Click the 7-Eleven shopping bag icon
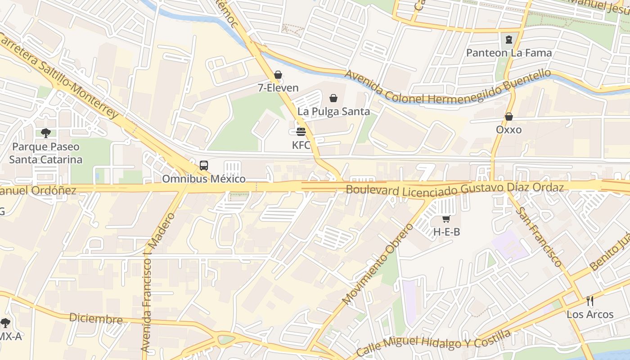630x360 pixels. [278, 75]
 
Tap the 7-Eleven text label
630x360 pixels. [278, 88]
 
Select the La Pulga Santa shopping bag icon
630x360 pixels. [333, 98]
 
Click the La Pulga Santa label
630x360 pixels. [333, 111]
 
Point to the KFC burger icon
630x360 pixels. [301, 132]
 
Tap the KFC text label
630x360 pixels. [301, 145]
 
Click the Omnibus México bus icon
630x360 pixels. [204, 166]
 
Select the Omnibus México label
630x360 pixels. [204, 179]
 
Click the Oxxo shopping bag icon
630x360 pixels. [509, 117]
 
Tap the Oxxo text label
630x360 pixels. [509, 130]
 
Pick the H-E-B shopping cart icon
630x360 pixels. [446, 219]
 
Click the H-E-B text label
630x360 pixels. [446, 232]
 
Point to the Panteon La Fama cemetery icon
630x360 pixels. [509, 40]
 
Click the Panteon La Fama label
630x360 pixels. [509, 53]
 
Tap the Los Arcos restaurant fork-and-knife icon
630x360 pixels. [590, 301]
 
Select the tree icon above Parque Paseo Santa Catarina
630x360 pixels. [45, 133]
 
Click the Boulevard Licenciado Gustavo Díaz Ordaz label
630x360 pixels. [454, 189]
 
